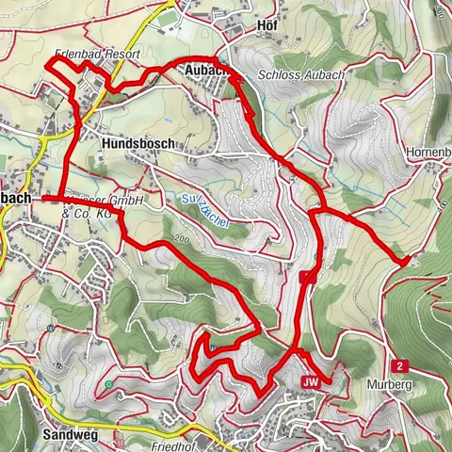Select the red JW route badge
pos(312,381)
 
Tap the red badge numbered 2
pos(400,365)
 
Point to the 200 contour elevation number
pos(182,242)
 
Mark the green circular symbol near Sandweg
pos(110,384)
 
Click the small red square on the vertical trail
pos(306,278)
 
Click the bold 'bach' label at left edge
pos(16,199)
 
